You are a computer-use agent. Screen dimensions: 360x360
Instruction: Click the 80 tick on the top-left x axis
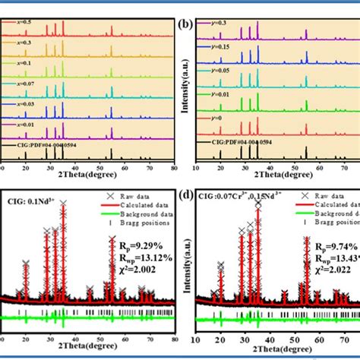(x=174, y=166)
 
